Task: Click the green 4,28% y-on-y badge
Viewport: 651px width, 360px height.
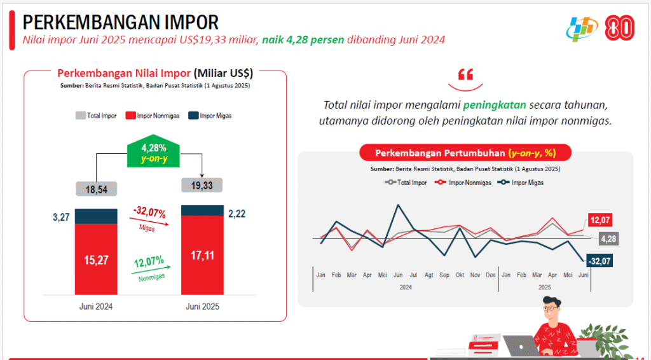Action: (x=153, y=153)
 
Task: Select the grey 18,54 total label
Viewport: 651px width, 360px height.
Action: (x=95, y=189)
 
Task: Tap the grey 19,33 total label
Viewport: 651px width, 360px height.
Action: (x=202, y=185)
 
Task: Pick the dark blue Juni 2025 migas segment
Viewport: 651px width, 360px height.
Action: (x=202, y=211)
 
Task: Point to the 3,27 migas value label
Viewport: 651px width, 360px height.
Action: (x=62, y=218)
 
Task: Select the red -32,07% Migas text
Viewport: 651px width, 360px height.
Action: (x=149, y=212)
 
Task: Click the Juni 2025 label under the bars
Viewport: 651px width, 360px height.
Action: (x=202, y=306)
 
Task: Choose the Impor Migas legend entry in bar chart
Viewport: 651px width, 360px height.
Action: (x=210, y=116)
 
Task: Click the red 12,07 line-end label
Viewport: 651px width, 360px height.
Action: (x=600, y=220)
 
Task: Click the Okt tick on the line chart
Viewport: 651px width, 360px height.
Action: (x=460, y=275)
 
